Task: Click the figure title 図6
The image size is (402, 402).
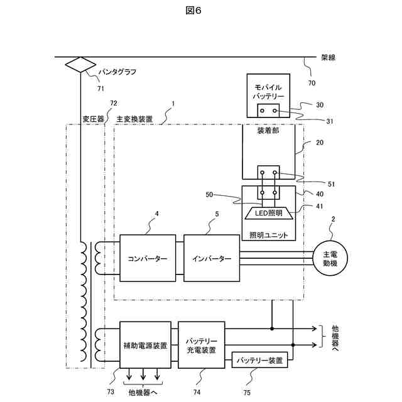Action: tap(193, 11)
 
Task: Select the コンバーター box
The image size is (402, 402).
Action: tap(148, 258)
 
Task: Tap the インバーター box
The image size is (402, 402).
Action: tap(212, 258)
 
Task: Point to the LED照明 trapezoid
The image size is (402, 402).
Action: tap(268, 213)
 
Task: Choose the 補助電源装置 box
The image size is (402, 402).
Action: tap(145, 345)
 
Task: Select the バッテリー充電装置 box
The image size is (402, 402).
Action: tap(202, 345)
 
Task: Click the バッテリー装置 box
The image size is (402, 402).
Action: tap(259, 360)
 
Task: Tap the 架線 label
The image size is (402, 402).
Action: tap(328, 57)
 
